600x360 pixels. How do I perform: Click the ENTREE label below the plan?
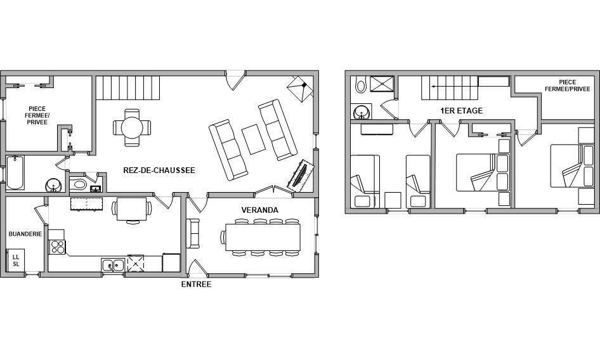[x=196, y=284]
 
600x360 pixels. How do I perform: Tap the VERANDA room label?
[x=259, y=210]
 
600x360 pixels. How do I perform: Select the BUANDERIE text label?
[x=25, y=234]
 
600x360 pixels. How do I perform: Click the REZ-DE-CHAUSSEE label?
[x=159, y=170]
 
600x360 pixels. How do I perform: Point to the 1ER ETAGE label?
[x=462, y=111]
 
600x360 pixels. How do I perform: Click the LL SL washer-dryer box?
[x=16, y=260]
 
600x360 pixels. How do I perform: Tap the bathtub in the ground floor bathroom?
[x=15, y=172]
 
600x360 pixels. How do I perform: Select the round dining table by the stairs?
[x=132, y=127]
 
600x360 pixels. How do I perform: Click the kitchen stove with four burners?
[x=57, y=247]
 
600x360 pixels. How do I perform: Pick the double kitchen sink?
[x=113, y=265]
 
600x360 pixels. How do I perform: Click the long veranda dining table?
[x=263, y=237]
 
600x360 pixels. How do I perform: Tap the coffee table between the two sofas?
[x=253, y=139]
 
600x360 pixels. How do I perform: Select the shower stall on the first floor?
[x=382, y=84]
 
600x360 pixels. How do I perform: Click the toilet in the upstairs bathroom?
[x=360, y=84]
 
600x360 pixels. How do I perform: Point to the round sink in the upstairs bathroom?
[x=361, y=112]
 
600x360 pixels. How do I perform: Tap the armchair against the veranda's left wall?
[x=193, y=233]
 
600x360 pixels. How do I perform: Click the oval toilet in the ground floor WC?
[x=79, y=184]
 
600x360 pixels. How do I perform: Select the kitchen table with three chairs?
[x=132, y=209]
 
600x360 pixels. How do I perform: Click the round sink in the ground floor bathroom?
[x=53, y=186]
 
